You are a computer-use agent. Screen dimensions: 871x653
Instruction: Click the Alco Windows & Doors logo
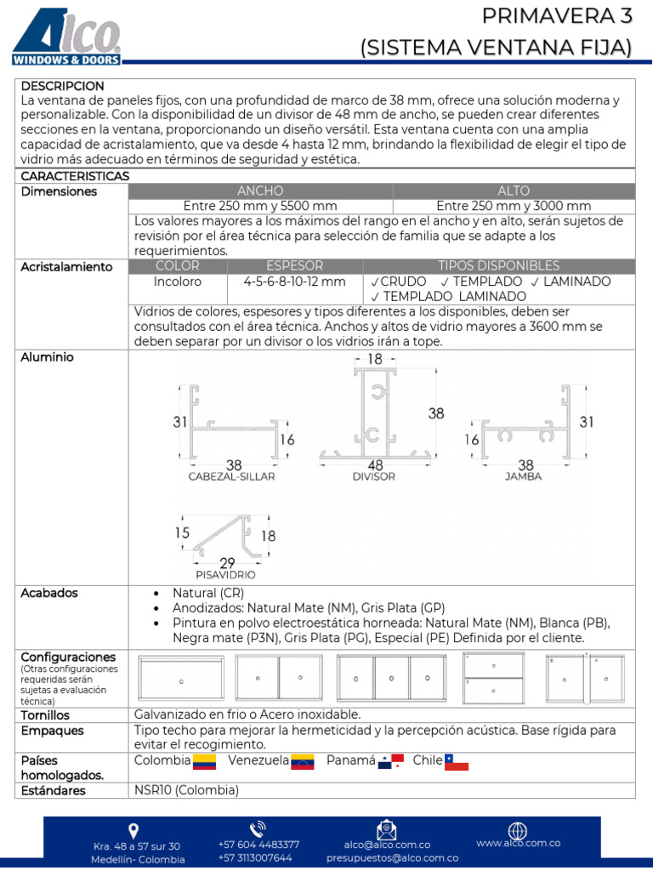click(x=66, y=35)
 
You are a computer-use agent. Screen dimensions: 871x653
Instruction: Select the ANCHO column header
click(x=260, y=191)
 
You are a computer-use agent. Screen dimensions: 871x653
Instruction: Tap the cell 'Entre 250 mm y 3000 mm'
click(x=514, y=206)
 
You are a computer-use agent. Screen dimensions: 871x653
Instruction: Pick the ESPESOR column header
click(x=294, y=265)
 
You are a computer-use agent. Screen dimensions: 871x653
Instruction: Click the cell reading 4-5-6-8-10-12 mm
click(x=294, y=281)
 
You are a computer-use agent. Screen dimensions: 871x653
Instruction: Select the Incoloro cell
click(x=178, y=281)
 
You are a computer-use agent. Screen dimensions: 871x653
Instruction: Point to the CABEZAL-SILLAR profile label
click(x=231, y=477)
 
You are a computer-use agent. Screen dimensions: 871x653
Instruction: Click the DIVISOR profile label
click(x=373, y=477)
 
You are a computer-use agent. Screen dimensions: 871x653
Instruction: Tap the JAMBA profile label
click(x=523, y=477)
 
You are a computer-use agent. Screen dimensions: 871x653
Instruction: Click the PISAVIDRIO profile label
click(x=225, y=575)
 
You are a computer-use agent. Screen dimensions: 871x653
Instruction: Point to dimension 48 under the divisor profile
click(x=373, y=465)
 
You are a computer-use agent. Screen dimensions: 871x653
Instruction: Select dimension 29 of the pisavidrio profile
click(x=227, y=563)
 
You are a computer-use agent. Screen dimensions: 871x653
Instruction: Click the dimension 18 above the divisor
click(x=374, y=360)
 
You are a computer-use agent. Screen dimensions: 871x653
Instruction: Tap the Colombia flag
click(x=205, y=761)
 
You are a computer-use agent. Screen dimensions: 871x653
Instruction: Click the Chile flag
click(x=457, y=761)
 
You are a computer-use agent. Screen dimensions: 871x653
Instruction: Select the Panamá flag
click(x=391, y=761)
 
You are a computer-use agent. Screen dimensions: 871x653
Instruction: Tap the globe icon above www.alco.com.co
click(x=517, y=830)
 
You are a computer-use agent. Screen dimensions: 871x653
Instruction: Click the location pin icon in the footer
click(x=133, y=831)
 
